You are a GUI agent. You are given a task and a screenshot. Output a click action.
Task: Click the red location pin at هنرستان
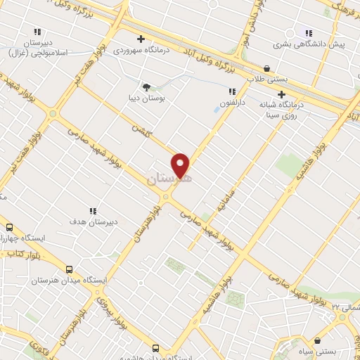point(181,165)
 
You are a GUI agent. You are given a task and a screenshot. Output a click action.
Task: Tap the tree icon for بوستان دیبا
point(146,87)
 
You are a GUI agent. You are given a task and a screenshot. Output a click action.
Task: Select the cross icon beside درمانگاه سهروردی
point(141,39)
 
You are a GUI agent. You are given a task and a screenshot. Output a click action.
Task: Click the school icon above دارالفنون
point(232,91)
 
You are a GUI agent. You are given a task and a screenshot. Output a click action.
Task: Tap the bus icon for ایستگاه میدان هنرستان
point(69,269)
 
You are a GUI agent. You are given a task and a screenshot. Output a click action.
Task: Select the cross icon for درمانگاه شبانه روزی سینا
point(282,94)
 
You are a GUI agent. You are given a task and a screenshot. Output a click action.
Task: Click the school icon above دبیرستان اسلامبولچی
point(37,32)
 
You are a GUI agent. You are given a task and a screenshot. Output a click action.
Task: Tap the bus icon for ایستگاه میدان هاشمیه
point(155,348)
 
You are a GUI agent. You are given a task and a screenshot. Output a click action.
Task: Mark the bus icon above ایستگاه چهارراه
point(9,227)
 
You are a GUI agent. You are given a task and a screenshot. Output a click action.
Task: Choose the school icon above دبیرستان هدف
point(92,210)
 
